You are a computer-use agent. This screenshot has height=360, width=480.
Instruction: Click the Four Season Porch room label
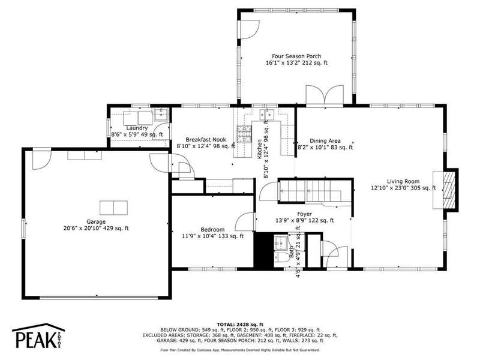[296, 56]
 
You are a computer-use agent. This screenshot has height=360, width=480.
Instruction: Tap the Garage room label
[96, 221]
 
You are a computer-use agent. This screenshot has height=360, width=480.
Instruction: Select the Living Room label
[403, 181]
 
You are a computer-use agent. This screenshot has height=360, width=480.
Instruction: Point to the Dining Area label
[325, 141]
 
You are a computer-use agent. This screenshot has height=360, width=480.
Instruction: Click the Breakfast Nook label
[206, 140]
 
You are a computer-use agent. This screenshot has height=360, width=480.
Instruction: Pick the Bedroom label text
[212, 230]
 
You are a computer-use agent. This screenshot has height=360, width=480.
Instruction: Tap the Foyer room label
[305, 214]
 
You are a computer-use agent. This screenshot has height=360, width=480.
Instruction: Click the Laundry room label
[137, 128]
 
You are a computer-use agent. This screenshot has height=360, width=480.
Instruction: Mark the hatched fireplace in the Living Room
[449, 190]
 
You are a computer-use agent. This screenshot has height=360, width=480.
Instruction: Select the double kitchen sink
[266, 115]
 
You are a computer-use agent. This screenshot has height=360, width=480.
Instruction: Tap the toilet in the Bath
[281, 257]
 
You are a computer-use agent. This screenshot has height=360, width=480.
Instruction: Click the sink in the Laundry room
[161, 114]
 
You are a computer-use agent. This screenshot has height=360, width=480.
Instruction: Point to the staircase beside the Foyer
[314, 191]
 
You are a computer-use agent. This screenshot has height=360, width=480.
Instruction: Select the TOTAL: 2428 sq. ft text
[240, 325]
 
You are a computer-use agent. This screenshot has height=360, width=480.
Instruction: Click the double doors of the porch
[325, 95]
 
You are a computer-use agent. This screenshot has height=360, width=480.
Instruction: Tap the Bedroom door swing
[245, 221]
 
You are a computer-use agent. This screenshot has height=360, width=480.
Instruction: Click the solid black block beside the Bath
[263, 250]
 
